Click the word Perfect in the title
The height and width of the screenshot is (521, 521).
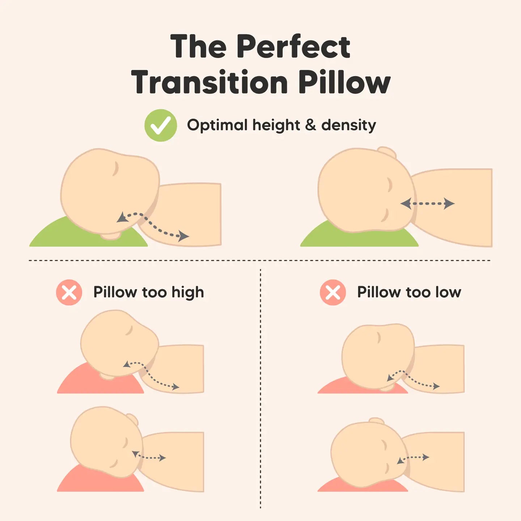(294, 47)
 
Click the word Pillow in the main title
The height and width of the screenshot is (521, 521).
(344, 82)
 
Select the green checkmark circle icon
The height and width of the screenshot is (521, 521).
(161, 126)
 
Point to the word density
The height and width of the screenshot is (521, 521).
(348, 126)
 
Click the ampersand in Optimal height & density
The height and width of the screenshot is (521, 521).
(310, 126)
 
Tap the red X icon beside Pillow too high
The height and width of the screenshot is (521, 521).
(69, 292)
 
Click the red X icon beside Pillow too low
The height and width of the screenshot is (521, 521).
(333, 292)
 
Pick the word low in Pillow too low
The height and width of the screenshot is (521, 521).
(448, 292)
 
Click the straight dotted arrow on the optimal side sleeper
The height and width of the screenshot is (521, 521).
(427, 204)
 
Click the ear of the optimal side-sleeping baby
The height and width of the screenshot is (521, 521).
(387, 152)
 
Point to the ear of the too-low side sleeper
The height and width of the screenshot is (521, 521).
(376, 421)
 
